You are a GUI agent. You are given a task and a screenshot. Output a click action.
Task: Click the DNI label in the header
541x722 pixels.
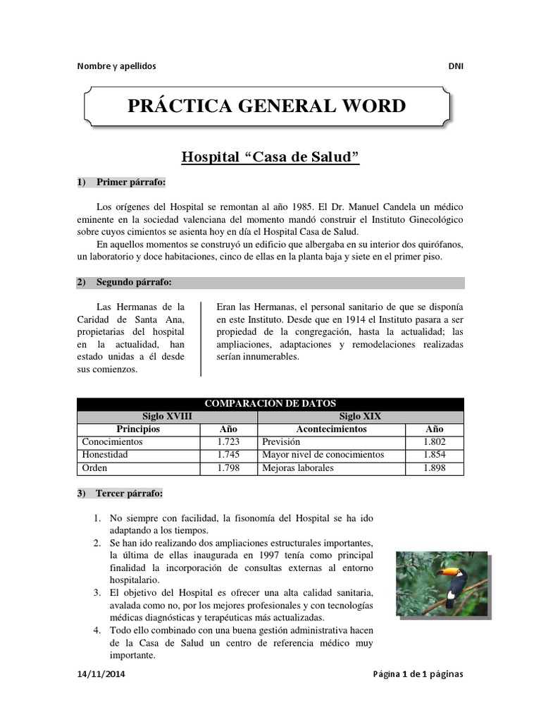456,66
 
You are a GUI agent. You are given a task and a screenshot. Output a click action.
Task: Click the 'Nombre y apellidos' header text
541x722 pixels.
116,66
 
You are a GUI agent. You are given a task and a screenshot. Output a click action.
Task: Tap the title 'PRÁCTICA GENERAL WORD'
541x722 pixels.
266,106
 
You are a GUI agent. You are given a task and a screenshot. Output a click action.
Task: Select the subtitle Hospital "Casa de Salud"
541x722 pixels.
270,157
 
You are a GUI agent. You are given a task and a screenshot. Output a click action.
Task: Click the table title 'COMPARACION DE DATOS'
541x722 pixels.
270,403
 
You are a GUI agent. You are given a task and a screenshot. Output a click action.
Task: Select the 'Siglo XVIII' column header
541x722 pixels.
167,416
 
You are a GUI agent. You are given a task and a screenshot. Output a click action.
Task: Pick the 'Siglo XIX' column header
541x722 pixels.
360,416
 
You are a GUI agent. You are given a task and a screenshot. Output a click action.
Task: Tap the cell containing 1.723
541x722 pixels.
228,441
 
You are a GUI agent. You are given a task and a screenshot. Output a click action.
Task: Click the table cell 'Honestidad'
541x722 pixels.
105,455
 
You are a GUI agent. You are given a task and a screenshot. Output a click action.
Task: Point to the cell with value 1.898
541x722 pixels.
434,467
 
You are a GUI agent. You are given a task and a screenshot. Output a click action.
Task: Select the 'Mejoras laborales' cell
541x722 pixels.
298,467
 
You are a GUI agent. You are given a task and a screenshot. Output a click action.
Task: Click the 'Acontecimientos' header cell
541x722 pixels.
331,429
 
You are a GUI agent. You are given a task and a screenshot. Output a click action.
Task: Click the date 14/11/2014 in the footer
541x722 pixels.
102,674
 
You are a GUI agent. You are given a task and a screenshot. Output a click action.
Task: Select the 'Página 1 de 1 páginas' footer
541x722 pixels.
418,674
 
